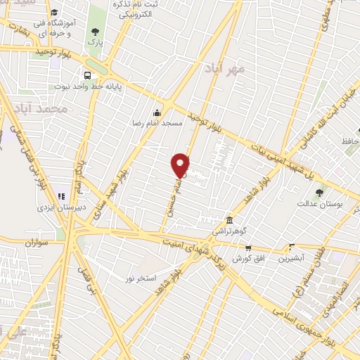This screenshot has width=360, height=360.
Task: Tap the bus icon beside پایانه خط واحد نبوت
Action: pyautogui.click(x=87, y=75)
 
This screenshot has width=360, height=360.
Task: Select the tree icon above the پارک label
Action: pyautogui.click(x=95, y=31)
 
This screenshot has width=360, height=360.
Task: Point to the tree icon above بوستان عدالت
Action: pyautogui.click(x=320, y=192)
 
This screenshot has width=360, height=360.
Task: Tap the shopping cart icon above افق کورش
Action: pyautogui.click(x=247, y=247)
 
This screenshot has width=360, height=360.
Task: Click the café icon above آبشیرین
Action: pyautogui.click(x=292, y=247)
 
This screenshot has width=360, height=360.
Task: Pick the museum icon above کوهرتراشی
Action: pyautogui.click(x=229, y=219)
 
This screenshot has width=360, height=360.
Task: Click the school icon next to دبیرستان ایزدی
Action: pyautogui.click(x=60, y=195)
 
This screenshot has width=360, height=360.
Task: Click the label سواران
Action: pyautogui.click(x=39, y=243)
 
